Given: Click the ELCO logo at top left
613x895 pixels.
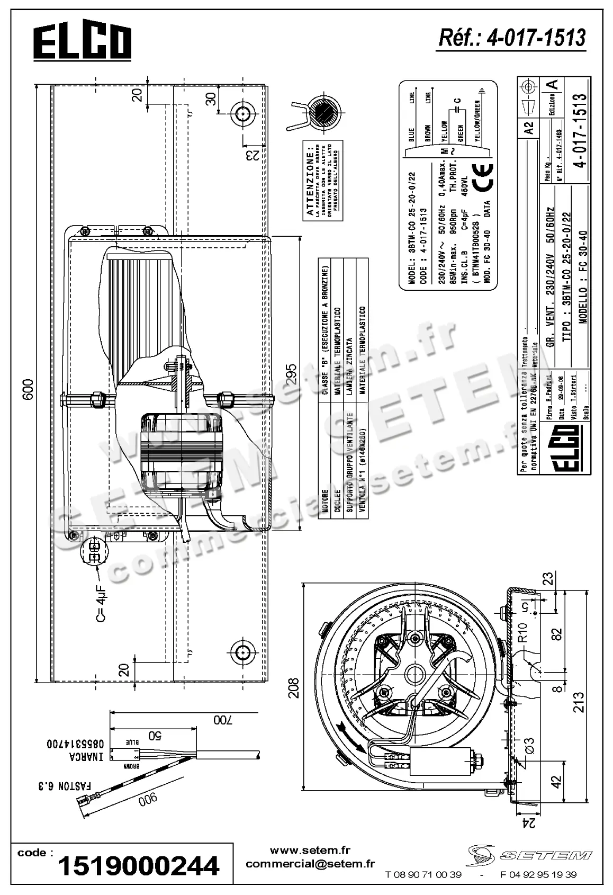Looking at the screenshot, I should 83,43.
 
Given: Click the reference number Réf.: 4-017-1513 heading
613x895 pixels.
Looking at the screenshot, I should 512,38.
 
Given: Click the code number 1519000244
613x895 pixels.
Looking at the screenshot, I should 138,866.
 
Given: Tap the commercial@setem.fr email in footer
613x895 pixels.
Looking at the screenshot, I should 310,864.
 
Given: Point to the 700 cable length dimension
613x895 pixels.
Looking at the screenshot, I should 223,720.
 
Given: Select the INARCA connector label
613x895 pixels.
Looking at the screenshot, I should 85,757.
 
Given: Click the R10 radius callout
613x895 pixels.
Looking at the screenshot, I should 522,632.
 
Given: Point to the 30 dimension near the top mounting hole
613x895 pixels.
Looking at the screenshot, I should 211,99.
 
